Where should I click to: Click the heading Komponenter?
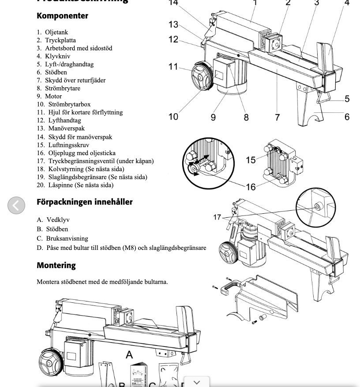62,16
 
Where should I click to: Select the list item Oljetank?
56,32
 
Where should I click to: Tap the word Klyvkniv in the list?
57,56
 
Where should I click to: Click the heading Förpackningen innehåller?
84,202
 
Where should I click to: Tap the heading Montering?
56,265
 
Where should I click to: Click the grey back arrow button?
16,205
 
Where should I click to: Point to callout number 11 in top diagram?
173,67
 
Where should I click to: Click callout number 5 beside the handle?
347,99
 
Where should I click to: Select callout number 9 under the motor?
213,117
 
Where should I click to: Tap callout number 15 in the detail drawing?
251,160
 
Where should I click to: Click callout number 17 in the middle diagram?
217,217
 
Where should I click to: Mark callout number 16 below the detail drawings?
251,187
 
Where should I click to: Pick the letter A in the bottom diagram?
129,355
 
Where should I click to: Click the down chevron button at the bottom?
196,382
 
